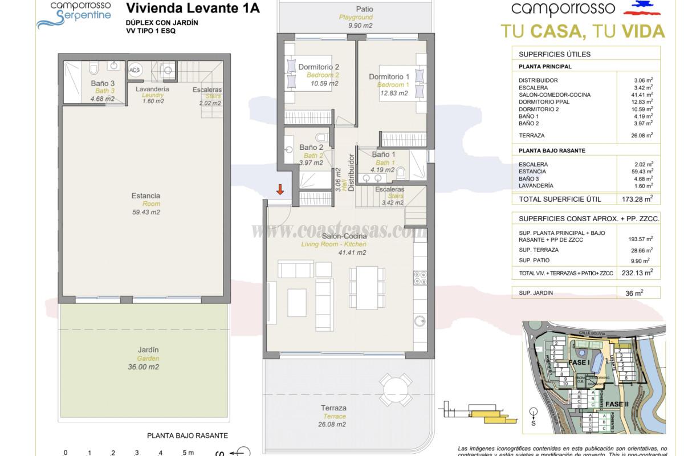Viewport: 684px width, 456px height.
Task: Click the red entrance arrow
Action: (x=280, y=189)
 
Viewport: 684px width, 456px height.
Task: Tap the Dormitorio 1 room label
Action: (x=389, y=77)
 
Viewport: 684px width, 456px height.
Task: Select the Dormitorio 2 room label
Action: (x=319, y=67)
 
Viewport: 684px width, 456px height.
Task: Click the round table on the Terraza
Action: (x=394, y=390)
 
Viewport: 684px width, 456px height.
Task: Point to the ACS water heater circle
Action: (x=135, y=70)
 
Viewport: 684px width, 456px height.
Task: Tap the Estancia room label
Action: (x=145, y=196)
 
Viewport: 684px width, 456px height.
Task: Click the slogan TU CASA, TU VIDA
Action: (x=583, y=31)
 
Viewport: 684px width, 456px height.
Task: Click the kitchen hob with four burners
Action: (x=420, y=278)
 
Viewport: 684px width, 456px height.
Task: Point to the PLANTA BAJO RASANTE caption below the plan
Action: (x=188, y=435)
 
